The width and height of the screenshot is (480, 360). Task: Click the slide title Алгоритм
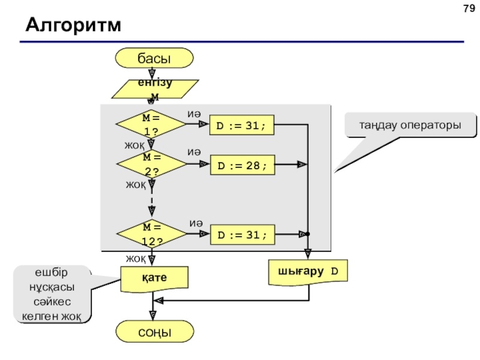pos(73,25)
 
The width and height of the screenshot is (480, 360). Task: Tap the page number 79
pos(469,8)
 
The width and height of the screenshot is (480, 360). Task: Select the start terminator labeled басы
pos(154,58)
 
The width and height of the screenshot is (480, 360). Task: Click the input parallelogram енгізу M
pos(155,89)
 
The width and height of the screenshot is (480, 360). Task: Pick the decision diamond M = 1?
pos(151,124)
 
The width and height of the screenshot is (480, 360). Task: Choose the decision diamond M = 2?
pos(152,164)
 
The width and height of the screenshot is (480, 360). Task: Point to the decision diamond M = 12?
pos(152,233)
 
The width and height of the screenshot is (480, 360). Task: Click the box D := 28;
pos(242,165)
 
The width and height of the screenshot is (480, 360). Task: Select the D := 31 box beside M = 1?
pos(242,125)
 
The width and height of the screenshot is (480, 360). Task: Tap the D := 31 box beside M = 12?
pos(242,235)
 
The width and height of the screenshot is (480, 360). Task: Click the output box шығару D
pos(308,272)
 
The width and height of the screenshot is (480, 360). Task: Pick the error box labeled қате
pos(154,278)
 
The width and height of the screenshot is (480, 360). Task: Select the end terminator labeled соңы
pos(155,332)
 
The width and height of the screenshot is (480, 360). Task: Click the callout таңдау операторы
pos(410,125)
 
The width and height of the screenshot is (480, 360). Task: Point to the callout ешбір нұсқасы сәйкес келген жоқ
pos(52,295)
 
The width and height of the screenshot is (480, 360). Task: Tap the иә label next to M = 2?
pos(194,152)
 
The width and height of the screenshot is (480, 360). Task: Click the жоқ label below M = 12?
pos(136,259)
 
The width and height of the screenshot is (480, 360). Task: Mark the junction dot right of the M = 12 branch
pos(308,234)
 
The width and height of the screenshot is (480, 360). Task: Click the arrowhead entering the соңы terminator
pos(153,316)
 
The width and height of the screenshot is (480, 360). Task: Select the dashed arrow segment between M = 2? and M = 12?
pos(152,201)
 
